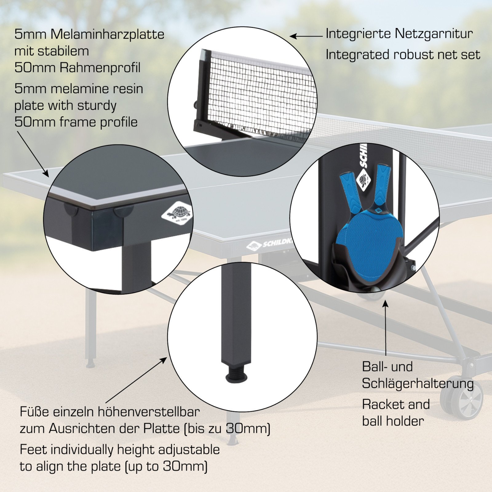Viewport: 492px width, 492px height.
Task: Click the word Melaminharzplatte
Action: coord(107,34)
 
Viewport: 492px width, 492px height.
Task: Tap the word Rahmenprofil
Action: coord(100,68)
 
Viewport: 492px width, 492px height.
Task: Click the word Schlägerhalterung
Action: coord(418,384)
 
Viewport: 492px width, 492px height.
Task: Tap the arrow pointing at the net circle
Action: coord(307,36)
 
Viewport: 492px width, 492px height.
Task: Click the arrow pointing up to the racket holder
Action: coord(385,327)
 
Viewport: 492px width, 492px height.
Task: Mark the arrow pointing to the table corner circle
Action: coord(33,154)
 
